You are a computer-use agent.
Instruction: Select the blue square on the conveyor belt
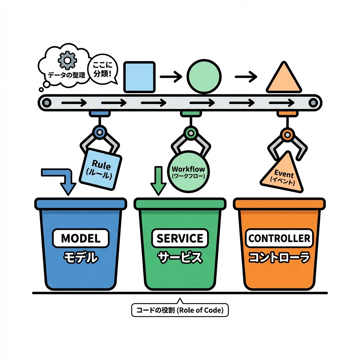pos(140,77)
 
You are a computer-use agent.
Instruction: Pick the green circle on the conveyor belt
pos(204,76)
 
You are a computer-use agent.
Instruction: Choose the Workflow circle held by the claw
pos(188,171)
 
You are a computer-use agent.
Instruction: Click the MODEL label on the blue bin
pos(81,238)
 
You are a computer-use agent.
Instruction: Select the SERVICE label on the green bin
pos(180,238)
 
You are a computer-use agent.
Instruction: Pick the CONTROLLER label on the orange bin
pos(279,238)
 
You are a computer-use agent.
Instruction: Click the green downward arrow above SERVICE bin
pos(158,180)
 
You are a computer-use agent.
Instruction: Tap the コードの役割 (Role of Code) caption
pos(180,310)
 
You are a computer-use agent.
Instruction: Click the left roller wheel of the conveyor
pos(46,103)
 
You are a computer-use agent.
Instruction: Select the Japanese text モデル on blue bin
pos(81,258)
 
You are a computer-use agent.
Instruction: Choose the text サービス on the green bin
pos(180,258)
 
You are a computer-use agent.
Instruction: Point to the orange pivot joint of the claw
pos(287,134)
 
